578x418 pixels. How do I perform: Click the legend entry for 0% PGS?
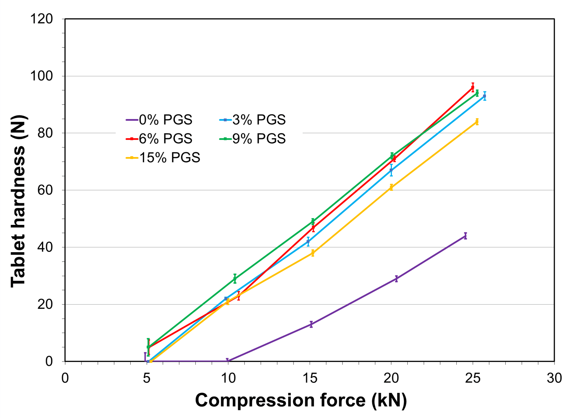click(x=159, y=120)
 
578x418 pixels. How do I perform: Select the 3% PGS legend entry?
click(x=253, y=120)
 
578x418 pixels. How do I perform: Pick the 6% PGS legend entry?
click(x=159, y=138)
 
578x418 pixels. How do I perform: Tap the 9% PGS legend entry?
click(x=253, y=138)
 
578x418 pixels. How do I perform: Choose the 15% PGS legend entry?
click(x=163, y=158)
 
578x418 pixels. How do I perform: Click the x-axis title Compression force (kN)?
click(x=301, y=400)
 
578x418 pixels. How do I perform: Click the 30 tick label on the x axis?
click(x=554, y=378)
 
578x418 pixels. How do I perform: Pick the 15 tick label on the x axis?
click(x=310, y=378)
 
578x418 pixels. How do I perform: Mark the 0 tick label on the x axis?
click(x=65, y=378)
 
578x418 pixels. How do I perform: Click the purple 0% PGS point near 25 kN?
click(x=465, y=236)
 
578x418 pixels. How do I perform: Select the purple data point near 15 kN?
click(x=311, y=324)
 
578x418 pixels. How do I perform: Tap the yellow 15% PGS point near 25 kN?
click(x=477, y=122)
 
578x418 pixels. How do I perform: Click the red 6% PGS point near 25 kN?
click(x=473, y=87)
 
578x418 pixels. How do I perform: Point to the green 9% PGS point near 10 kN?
click(x=235, y=279)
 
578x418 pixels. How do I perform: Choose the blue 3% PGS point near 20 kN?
click(x=391, y=170)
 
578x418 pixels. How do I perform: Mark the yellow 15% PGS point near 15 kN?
click(x=313, y=253)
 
